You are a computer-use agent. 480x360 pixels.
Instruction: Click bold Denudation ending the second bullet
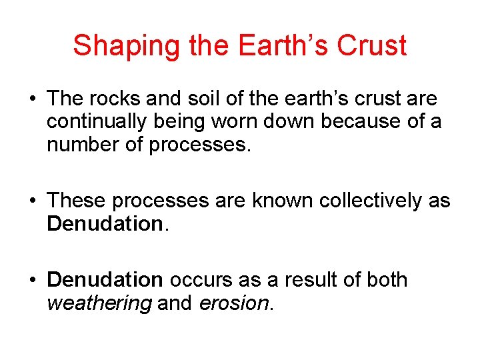[104, 224]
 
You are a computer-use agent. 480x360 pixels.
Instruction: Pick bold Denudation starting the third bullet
[105, 279]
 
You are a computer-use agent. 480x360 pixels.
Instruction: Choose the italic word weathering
[99, 303]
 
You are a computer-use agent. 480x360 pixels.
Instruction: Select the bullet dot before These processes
[33, 201]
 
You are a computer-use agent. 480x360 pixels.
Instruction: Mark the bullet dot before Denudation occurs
[33, 281]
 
